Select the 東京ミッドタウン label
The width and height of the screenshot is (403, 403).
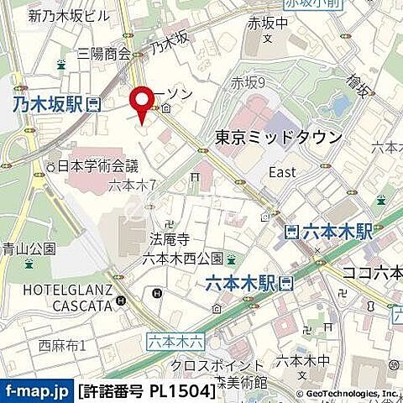279,138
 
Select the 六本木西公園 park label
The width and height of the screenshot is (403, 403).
182,258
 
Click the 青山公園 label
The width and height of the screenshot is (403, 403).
28,249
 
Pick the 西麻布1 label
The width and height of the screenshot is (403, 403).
62,344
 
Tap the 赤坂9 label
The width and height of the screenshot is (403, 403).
248,82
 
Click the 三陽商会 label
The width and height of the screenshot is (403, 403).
103,54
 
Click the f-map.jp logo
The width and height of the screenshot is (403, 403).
37,390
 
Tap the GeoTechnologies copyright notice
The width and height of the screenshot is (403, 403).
348,393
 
